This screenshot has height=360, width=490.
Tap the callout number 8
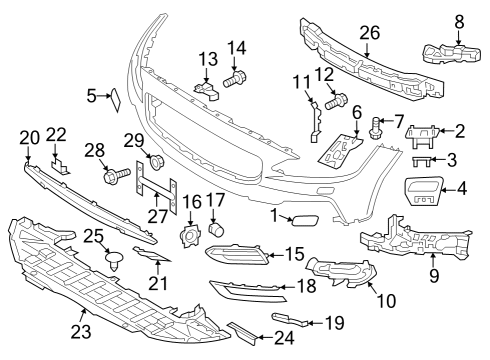coord(459,19)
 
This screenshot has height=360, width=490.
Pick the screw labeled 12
coord(336,100)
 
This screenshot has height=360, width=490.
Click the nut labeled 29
coord(155,162)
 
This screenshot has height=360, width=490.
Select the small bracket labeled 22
coord(59,166)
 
